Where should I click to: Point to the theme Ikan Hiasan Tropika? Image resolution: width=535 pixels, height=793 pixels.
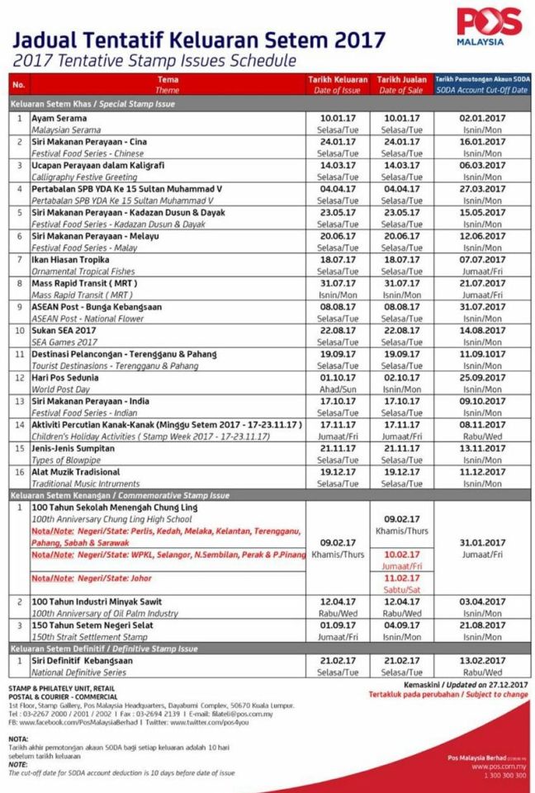69,259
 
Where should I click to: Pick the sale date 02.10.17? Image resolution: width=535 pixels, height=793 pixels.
402,377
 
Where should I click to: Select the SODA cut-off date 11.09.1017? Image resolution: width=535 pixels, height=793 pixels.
482,354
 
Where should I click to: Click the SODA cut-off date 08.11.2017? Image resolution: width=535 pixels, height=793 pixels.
482,424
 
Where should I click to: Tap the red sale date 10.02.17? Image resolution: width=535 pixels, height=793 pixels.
402,555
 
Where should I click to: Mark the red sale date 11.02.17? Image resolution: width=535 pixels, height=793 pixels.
402,578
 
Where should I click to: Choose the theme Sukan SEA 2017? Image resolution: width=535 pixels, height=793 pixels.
64,330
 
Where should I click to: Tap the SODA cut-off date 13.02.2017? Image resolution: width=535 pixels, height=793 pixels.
482,662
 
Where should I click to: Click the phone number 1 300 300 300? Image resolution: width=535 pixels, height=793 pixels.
497,776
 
